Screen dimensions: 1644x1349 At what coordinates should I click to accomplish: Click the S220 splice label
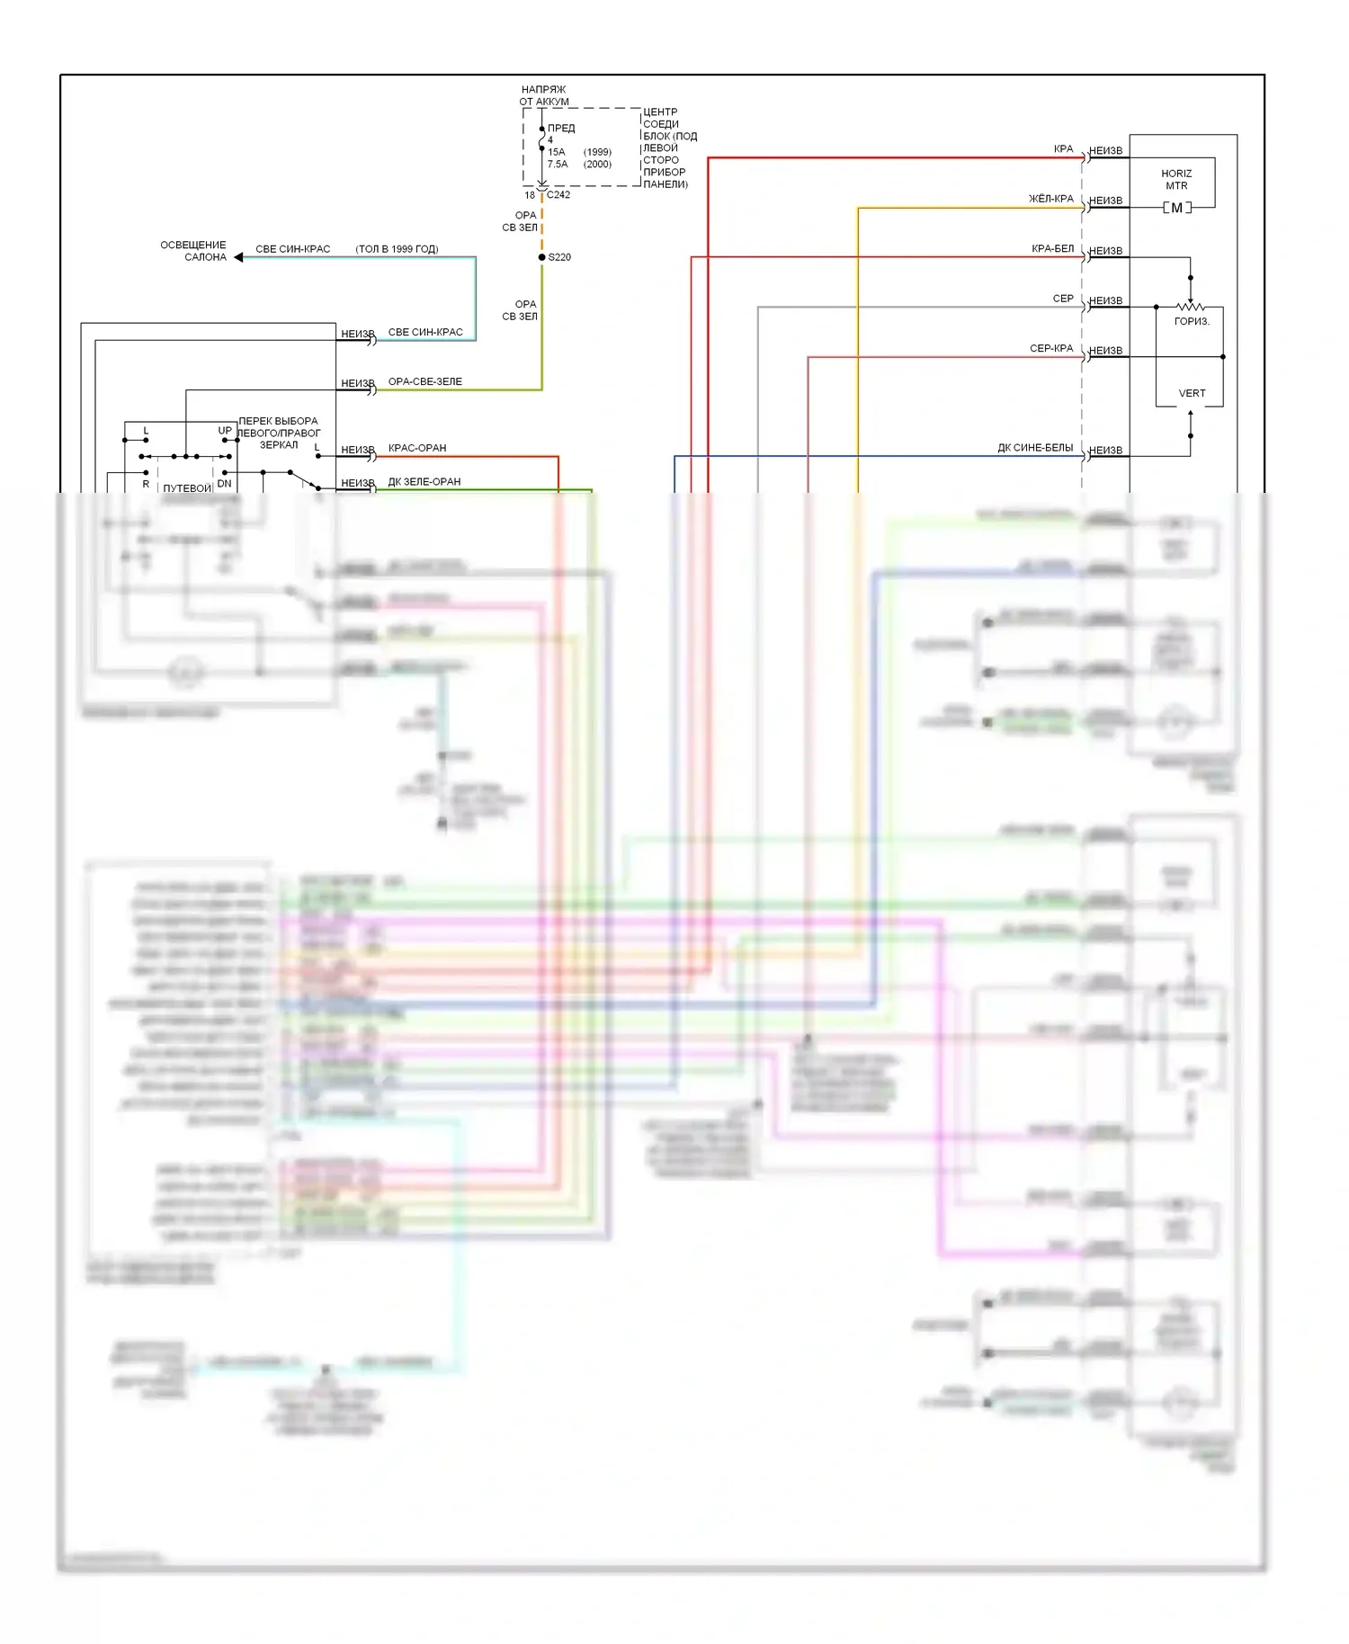coord(559,257)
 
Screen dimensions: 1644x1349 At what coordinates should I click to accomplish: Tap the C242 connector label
coord(558,195)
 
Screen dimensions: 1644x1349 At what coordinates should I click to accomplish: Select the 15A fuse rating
coord(557,152)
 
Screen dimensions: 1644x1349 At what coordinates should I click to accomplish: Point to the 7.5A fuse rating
coord(558,165)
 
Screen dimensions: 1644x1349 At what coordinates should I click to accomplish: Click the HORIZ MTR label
coord(1176,180)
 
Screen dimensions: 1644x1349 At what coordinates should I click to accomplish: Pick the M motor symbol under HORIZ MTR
coord(1176,208)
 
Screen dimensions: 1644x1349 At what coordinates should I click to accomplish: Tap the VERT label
coord(1192,394)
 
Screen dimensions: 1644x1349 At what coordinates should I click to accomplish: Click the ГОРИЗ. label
coord(1192,322)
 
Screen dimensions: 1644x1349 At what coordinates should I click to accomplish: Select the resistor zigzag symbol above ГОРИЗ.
coord(1190,307)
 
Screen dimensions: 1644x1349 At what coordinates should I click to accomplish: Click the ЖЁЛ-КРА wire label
coord(1050,199)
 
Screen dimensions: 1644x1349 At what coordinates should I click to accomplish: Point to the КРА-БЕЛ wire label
coord(1052,249)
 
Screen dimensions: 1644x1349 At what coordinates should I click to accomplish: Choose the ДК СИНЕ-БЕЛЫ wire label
coord(1035,448)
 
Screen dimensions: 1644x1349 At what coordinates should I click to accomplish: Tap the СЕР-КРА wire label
coord(1051,348)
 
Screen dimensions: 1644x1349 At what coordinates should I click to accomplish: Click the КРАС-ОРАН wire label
coord(417,448)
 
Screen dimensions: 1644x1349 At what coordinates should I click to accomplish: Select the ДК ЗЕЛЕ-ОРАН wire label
coord(424,482)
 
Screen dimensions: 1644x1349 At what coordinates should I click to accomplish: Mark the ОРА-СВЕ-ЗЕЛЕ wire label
coord(425,382)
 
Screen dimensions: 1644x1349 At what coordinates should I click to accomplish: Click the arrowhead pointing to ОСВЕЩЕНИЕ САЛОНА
coord(238,257)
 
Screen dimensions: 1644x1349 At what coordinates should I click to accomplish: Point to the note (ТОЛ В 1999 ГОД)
coord(397,249)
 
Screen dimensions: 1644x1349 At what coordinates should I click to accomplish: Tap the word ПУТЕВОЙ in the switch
coord(187,488)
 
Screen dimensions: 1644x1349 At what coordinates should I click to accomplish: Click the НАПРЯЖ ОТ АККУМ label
coord(544,95)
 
